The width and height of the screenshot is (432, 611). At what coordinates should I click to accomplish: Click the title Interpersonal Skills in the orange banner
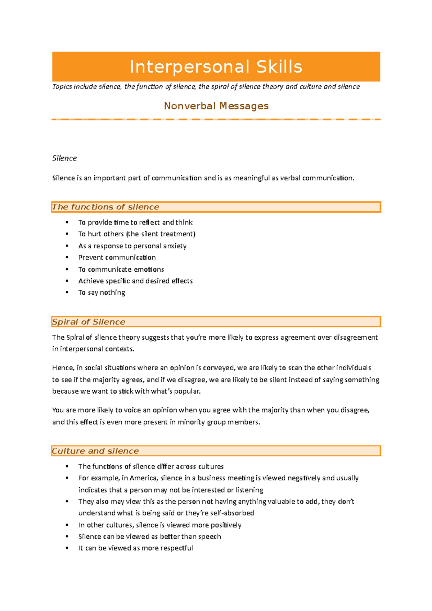click(216, 67)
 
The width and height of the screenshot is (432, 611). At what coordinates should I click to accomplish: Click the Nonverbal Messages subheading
click(216, 106)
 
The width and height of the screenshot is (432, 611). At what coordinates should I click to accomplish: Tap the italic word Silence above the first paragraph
click(64, 158)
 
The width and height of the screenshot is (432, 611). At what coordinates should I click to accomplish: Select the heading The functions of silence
click(105, 207)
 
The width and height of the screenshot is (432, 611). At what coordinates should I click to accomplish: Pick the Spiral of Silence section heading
click(89, 322)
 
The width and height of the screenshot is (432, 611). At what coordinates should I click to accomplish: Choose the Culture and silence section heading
click(95, 451)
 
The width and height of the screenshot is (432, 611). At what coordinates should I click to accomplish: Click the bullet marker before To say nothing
click(67, 293)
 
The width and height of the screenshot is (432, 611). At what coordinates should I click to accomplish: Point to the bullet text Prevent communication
click(117, 258)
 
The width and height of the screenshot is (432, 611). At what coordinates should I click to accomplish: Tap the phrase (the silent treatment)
click(161, 234)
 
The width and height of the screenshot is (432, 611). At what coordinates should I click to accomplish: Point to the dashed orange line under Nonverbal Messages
click(216, 119)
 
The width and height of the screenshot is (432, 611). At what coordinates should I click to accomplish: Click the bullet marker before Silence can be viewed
click(67, 537)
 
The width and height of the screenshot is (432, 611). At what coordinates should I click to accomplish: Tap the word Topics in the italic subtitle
click(62, 87)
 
